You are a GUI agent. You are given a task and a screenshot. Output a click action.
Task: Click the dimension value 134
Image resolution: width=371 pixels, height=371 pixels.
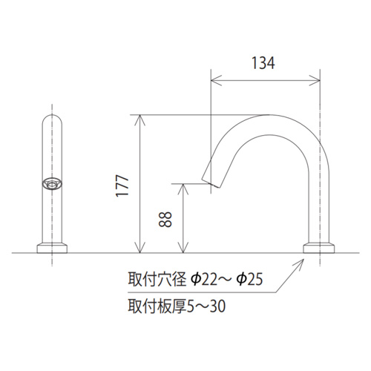[263, 63]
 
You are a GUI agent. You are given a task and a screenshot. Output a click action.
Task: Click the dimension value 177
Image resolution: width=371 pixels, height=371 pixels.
[122, 185]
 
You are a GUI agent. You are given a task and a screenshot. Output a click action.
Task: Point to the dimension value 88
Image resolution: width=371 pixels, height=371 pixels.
[165, 220]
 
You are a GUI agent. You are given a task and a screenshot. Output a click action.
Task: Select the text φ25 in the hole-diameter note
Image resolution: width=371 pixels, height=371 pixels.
[249, 279]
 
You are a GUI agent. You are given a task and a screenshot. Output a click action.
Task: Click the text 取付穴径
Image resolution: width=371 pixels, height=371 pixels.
[157, 279]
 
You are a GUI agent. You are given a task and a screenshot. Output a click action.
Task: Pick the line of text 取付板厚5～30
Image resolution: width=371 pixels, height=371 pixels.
[177, 306]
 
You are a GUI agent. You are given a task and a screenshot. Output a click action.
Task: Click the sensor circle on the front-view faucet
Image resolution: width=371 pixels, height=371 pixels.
[52, 184]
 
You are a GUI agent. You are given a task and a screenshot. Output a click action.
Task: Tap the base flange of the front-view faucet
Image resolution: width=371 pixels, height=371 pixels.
[52, 249]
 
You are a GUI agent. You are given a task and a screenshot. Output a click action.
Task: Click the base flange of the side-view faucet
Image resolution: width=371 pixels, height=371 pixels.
[319, 249]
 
